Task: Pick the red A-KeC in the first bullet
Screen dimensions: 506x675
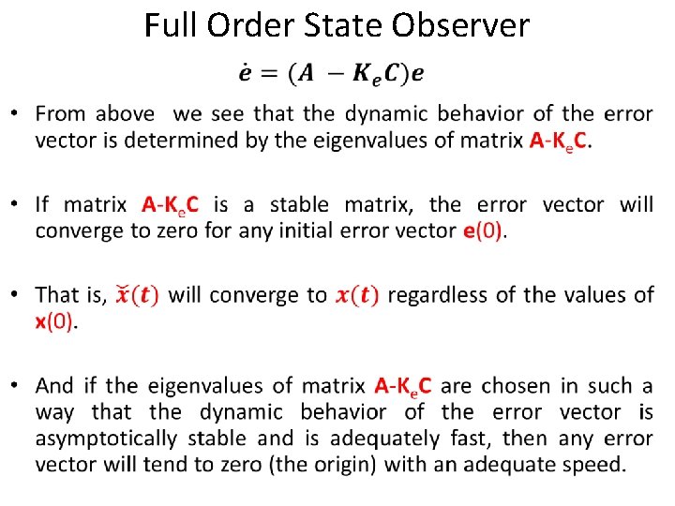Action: pos(561,141)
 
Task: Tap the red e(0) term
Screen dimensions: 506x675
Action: pos(484,231)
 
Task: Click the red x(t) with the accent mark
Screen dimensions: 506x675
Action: pos(137,294)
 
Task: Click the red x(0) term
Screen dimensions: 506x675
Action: pos(56,320)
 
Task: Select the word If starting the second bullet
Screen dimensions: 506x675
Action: pos(43,204)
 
